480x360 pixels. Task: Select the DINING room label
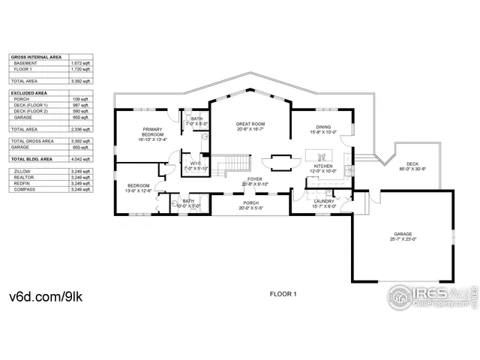(x=323, y=127)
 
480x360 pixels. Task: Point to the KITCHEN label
(x=323, y=166)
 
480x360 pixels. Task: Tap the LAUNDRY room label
(x=324, y=201)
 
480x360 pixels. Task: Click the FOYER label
(x=255, y=179)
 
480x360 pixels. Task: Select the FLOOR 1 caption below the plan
(x=283, y=295)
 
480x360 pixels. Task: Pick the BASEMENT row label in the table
(x=25, y=64)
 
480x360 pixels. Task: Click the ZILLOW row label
(x=22, y=171)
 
